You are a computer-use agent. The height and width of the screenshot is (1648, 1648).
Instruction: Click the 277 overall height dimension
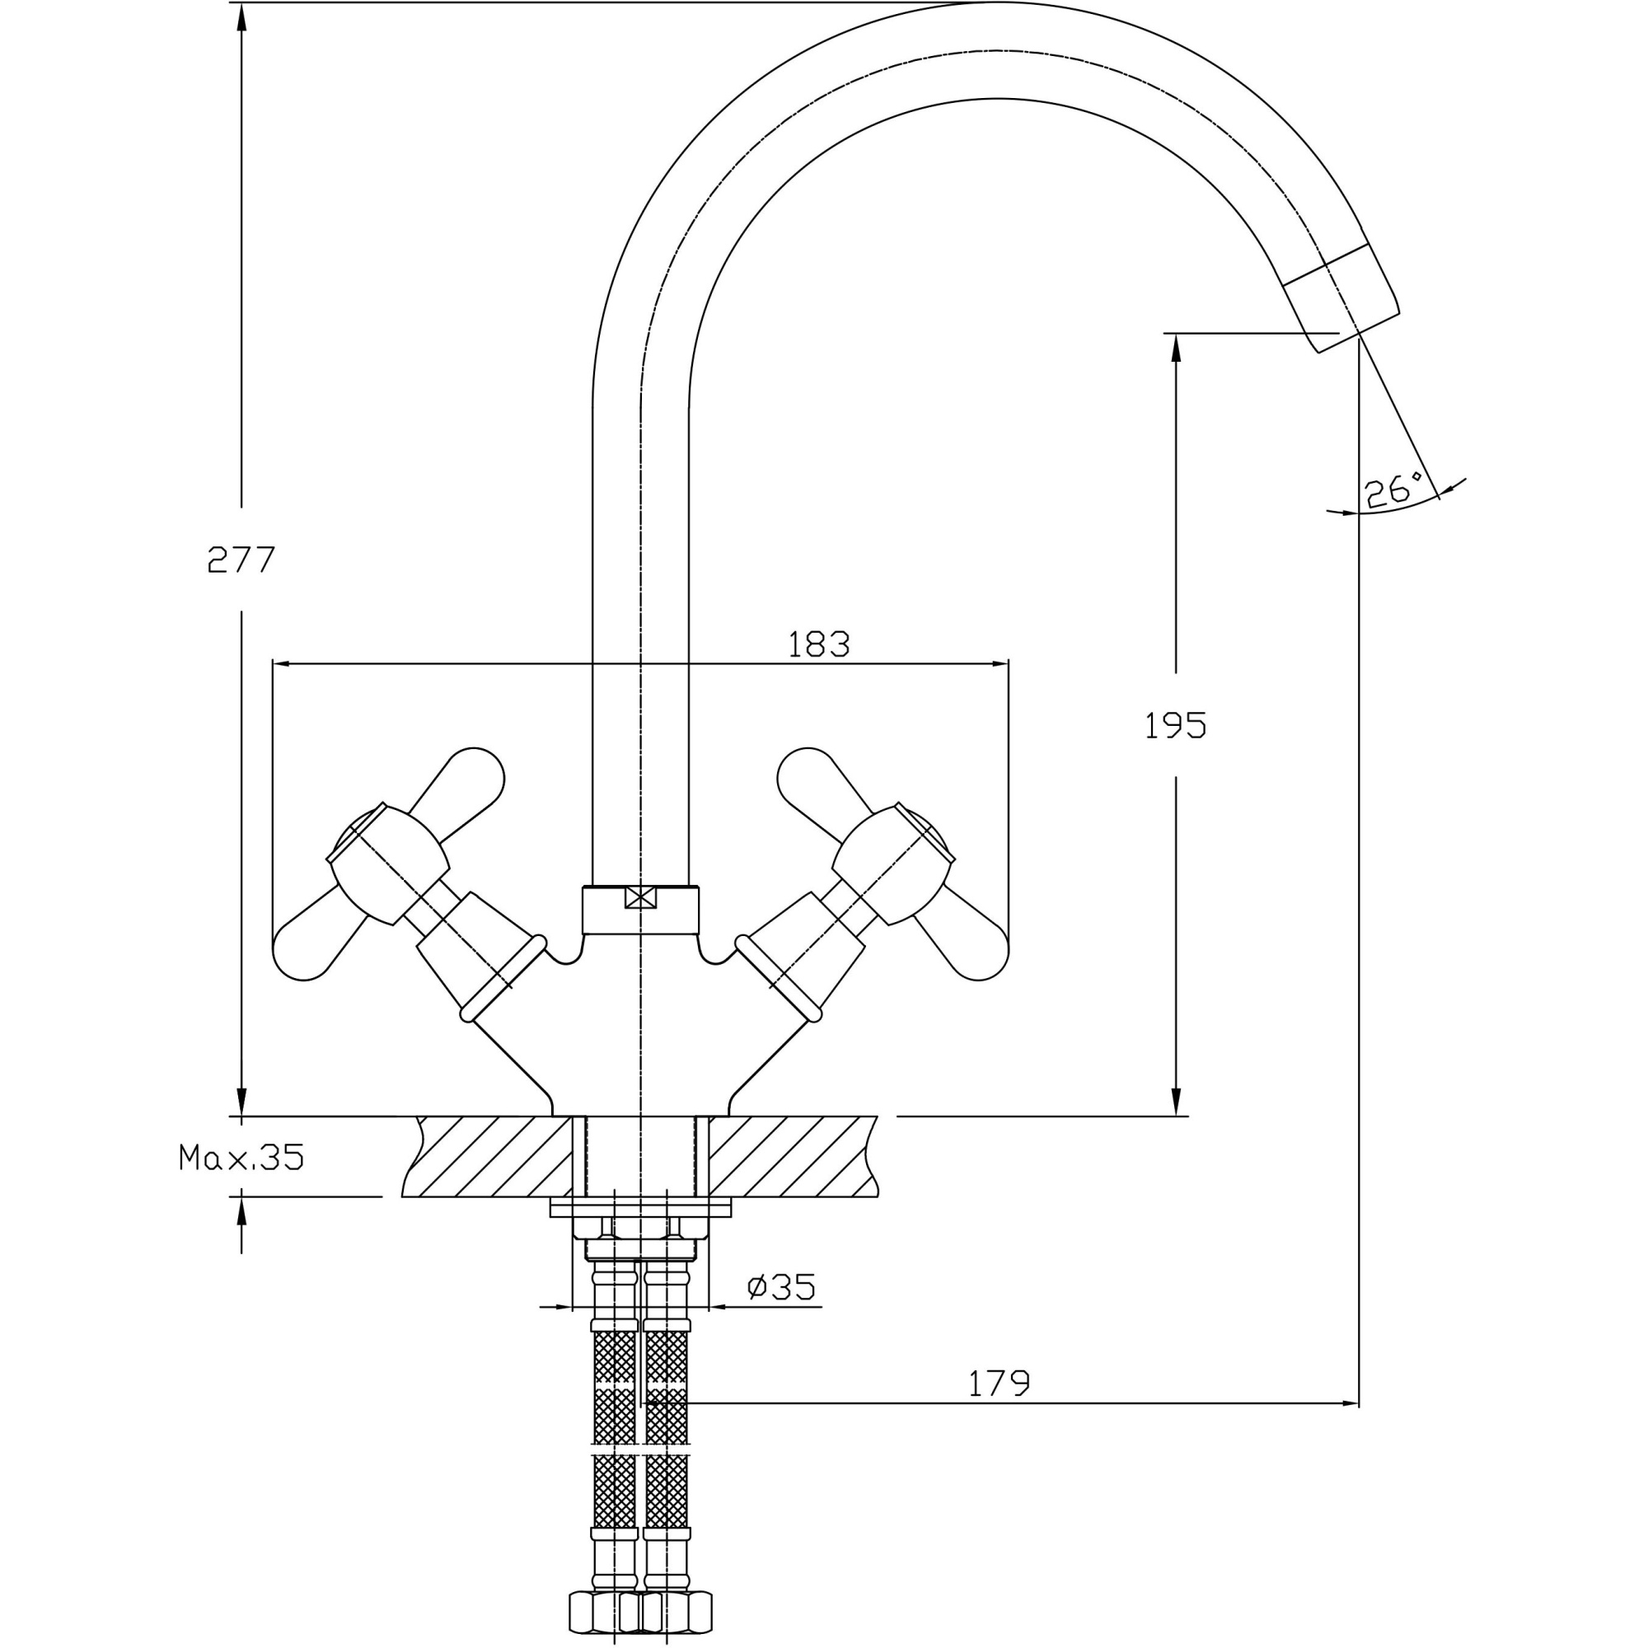click(241, 559)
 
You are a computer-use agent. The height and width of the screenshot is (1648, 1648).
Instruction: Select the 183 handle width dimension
click(818, 644)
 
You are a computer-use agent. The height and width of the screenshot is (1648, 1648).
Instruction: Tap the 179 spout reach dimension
click(999, 1383)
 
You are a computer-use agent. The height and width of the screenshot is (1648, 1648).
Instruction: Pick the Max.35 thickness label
click(241, 1158)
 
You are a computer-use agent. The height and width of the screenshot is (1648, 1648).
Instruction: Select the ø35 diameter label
click(781, 1286)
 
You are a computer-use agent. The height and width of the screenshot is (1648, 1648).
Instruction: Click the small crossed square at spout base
click(639, 897)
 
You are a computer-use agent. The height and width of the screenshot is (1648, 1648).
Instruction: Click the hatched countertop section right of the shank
click(789, 1156)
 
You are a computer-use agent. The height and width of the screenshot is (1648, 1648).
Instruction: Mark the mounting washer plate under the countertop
click(640, 1207)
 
